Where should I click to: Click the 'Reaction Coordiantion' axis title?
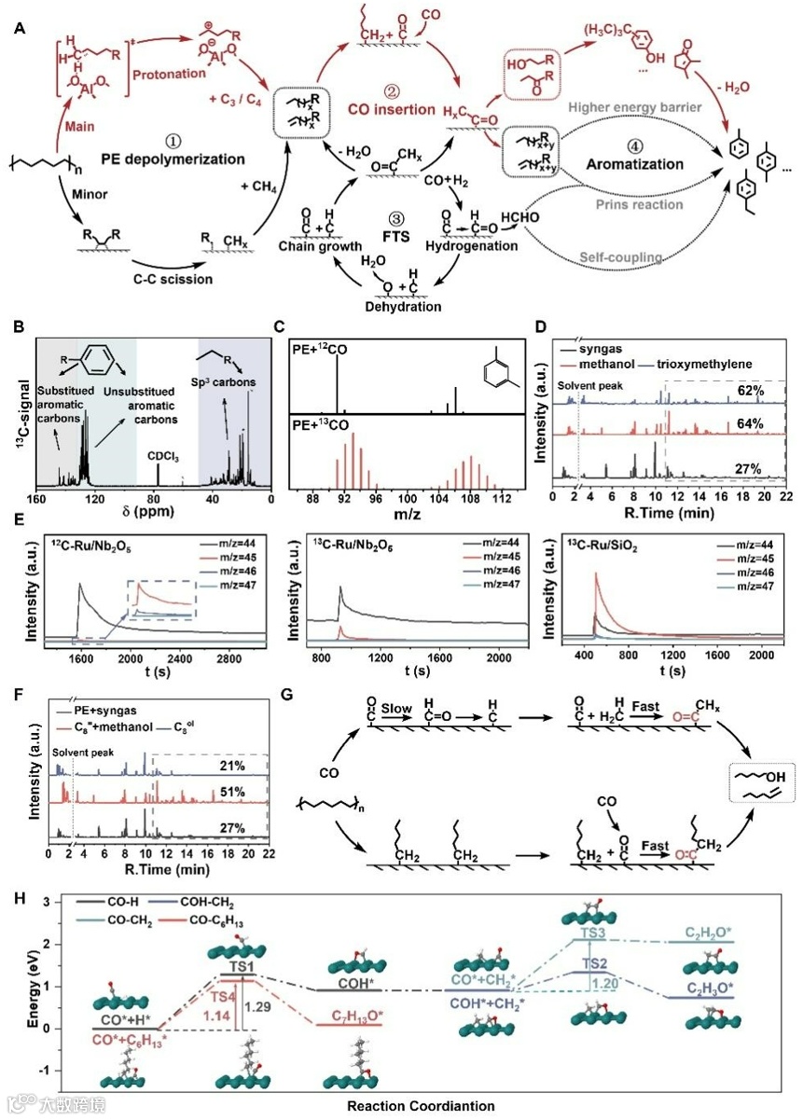coord(423,1106)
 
